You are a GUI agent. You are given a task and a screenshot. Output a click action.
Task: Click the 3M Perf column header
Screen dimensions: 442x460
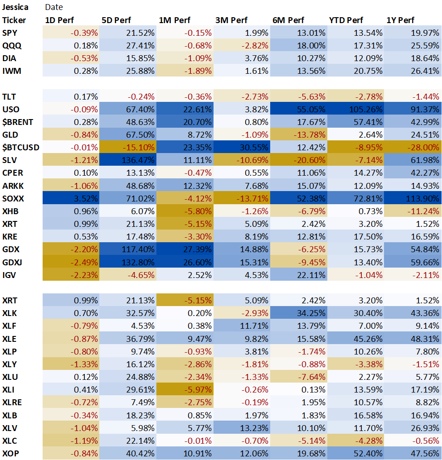tap(231, 20)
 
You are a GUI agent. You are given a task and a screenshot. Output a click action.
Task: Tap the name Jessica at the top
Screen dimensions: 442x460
tap(15, 7)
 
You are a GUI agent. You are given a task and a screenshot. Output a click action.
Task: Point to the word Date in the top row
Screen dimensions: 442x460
tap(54, 7)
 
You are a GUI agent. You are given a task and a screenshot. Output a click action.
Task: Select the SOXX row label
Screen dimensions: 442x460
tap(13, 199)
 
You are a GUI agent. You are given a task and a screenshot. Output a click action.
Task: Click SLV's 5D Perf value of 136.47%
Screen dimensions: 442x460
tap(138, 160)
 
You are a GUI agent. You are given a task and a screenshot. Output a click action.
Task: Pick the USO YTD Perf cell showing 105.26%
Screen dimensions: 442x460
tap(366, 110)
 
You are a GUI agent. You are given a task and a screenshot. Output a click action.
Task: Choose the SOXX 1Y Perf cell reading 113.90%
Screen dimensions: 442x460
tap(423, 199)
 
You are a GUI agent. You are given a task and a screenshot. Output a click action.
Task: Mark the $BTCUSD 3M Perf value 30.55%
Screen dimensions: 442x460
tap(254, 147)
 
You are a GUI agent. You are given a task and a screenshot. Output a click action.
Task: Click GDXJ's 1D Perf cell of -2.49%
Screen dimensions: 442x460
tap(84, 262)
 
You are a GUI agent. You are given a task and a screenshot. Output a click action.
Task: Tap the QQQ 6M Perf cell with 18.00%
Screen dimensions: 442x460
tap(311, 46)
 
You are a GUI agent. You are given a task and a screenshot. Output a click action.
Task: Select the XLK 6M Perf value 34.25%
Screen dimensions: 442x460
tap(311, 313)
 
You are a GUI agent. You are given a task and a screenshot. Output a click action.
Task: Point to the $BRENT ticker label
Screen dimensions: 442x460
tap(18, 122)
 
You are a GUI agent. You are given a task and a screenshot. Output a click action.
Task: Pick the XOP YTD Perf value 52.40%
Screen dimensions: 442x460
tap(368, 454)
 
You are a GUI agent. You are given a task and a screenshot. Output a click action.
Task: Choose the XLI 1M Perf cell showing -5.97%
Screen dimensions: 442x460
tap(198, 389)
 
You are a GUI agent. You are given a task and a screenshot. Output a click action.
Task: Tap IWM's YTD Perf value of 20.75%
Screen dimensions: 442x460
tap(368, 71)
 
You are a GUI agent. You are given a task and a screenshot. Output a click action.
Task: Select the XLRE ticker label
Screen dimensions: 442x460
tap(12, 402)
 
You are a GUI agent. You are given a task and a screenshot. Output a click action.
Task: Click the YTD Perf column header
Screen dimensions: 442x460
tap(346, 20)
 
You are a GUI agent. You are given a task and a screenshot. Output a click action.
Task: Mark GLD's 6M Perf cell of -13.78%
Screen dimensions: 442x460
tap(310, 134)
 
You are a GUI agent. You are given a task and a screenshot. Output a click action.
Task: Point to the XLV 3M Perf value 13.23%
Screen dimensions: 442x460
tap(254, 428)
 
